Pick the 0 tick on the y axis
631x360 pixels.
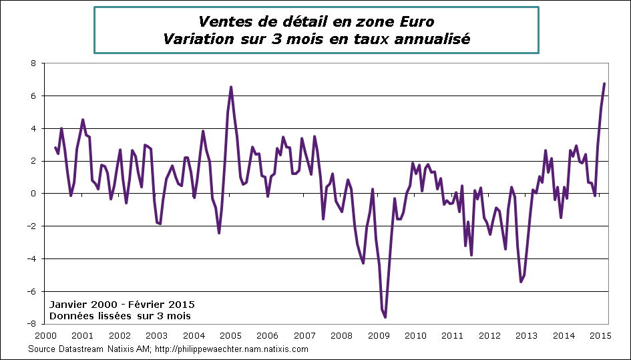pos(34,194)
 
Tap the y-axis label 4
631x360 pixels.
pos(34,128)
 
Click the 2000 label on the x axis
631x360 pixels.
pos(45,335)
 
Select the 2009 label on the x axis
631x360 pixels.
pos(379,335)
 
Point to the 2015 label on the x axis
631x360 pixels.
pos(600,335)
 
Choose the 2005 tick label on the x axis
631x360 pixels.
pos(230,335)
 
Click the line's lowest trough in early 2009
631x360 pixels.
pos(385,317)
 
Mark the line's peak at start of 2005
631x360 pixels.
pos(231,87)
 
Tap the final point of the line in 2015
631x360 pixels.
pos(604,83)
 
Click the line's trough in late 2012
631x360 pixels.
pos(521,282)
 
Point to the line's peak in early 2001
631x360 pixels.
pos(82,120)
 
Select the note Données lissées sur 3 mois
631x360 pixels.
pos(120,315)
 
